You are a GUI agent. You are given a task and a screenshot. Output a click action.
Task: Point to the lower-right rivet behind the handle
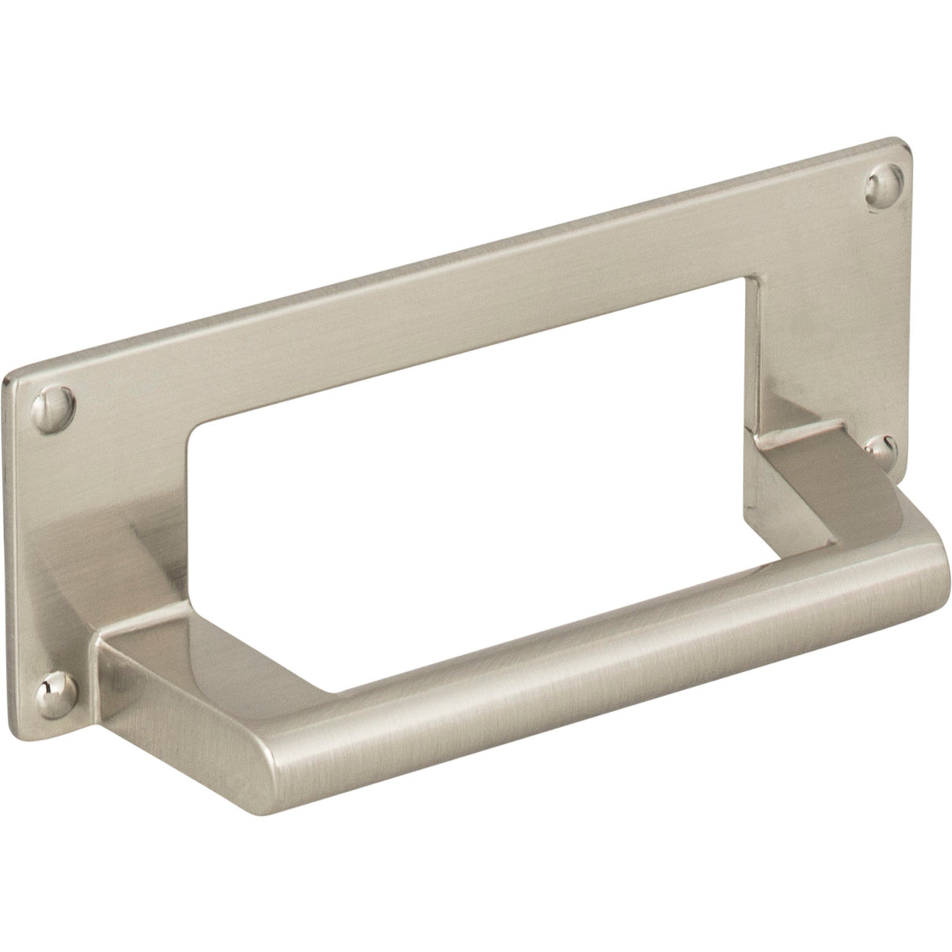[x=884, y=449]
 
